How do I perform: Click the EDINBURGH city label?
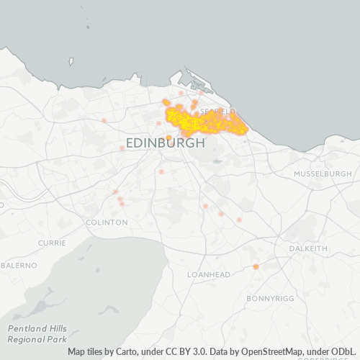pos(166,143)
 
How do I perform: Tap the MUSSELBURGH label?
pos(323,174)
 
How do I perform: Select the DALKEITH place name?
pos(307,248)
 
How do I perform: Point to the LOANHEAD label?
pos(209,275)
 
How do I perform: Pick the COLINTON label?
pos(107,222)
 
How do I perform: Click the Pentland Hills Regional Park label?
pos(37,333)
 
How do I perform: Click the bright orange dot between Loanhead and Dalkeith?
pos(256,267)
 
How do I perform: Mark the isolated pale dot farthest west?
pos(104,120)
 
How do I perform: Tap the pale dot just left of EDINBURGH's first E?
pos(122,148)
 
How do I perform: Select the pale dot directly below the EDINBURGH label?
pos(161,171)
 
